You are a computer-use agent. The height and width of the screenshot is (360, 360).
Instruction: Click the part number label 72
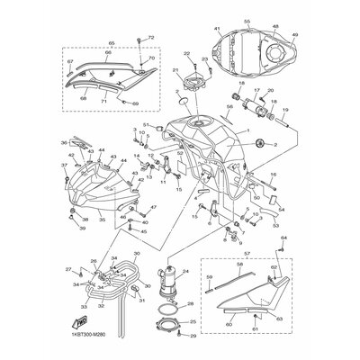click(151, 38)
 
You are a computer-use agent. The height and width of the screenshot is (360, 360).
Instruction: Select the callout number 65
click(112, 41)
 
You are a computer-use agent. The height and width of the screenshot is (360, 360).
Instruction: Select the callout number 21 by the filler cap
click(177, 70)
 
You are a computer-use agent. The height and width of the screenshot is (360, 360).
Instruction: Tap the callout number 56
click(230, 106)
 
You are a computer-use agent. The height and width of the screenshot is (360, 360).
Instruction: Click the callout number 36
click(65, 142)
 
